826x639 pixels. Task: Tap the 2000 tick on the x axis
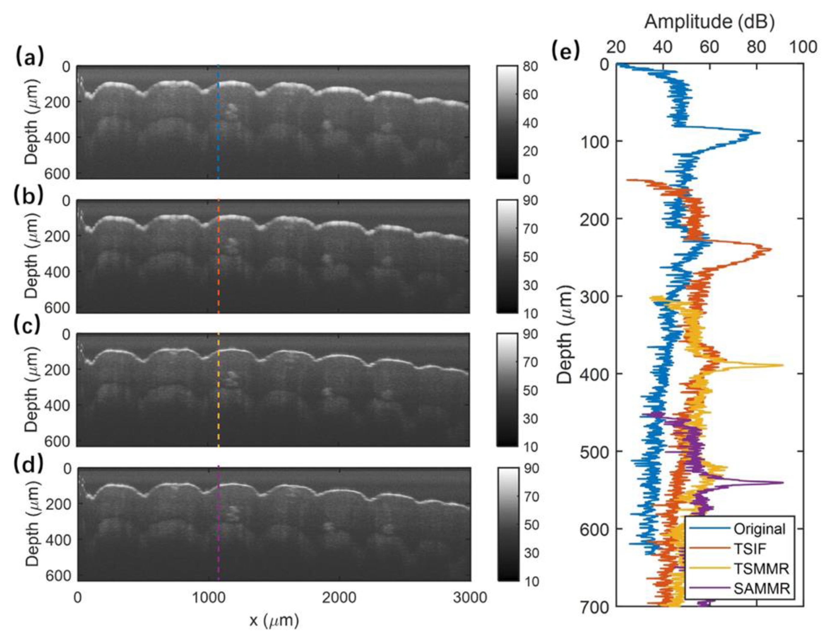click(339, 598)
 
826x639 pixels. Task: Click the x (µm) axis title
click(274, 620)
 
